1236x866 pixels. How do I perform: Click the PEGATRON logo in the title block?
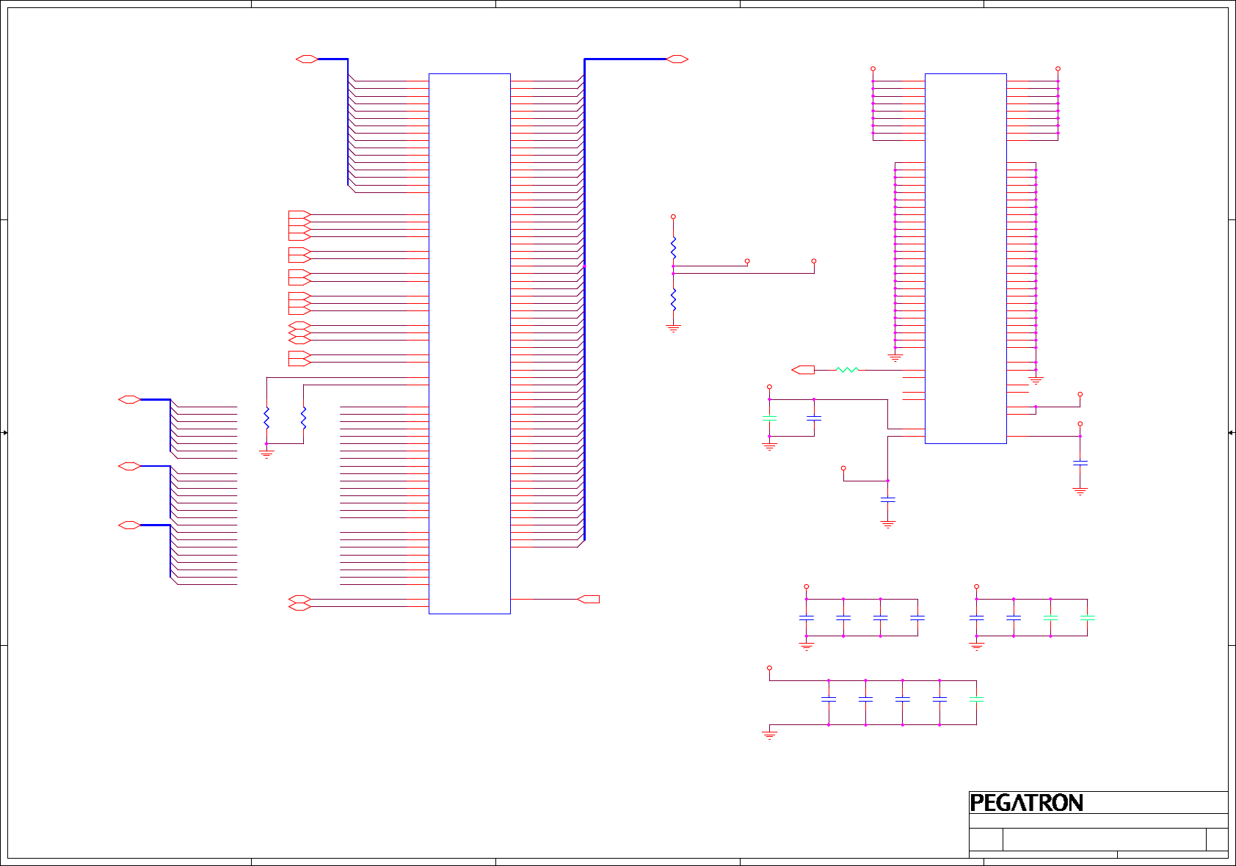coord(1026,803)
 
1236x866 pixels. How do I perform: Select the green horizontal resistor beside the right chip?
coord(847,370)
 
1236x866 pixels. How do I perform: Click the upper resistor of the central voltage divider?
coord(673,247)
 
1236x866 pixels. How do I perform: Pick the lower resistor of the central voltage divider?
coord(673,299)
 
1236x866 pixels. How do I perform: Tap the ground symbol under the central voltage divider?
coord(673,329)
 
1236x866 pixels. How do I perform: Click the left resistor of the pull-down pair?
coord(266,418)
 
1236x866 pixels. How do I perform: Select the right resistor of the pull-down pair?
coord(303,418)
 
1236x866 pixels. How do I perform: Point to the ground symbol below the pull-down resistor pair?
coord(266,454)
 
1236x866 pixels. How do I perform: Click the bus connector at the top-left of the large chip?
coord(307,59)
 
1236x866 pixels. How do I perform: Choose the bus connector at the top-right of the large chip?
coord(677,59)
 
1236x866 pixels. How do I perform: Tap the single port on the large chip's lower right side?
coord(589,600)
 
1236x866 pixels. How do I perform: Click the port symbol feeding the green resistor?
coord(803,370)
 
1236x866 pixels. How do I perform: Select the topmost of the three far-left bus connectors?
coord(129,400)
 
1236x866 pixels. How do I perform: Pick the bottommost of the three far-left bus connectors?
coord(129,525)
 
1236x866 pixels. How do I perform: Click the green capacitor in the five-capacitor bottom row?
coord(976,699)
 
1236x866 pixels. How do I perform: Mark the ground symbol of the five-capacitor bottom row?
coord(769,734)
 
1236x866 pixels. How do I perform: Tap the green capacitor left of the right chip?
coord(769,418)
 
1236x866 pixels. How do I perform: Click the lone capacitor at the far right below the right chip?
coord(1080,463)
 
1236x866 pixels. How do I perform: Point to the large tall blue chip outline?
coord(469,343)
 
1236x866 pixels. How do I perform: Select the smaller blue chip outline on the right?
coord(965,258)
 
